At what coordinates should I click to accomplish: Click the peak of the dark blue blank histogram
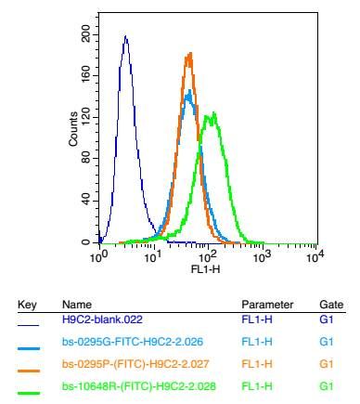(x=125, y=38)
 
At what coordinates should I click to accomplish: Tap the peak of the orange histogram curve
(x=189, y=54)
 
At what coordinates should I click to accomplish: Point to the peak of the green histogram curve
(x=213, y=114)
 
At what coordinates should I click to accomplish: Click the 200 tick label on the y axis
(x=86, y=33)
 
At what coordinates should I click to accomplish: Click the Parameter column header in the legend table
(x=267, y=305)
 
